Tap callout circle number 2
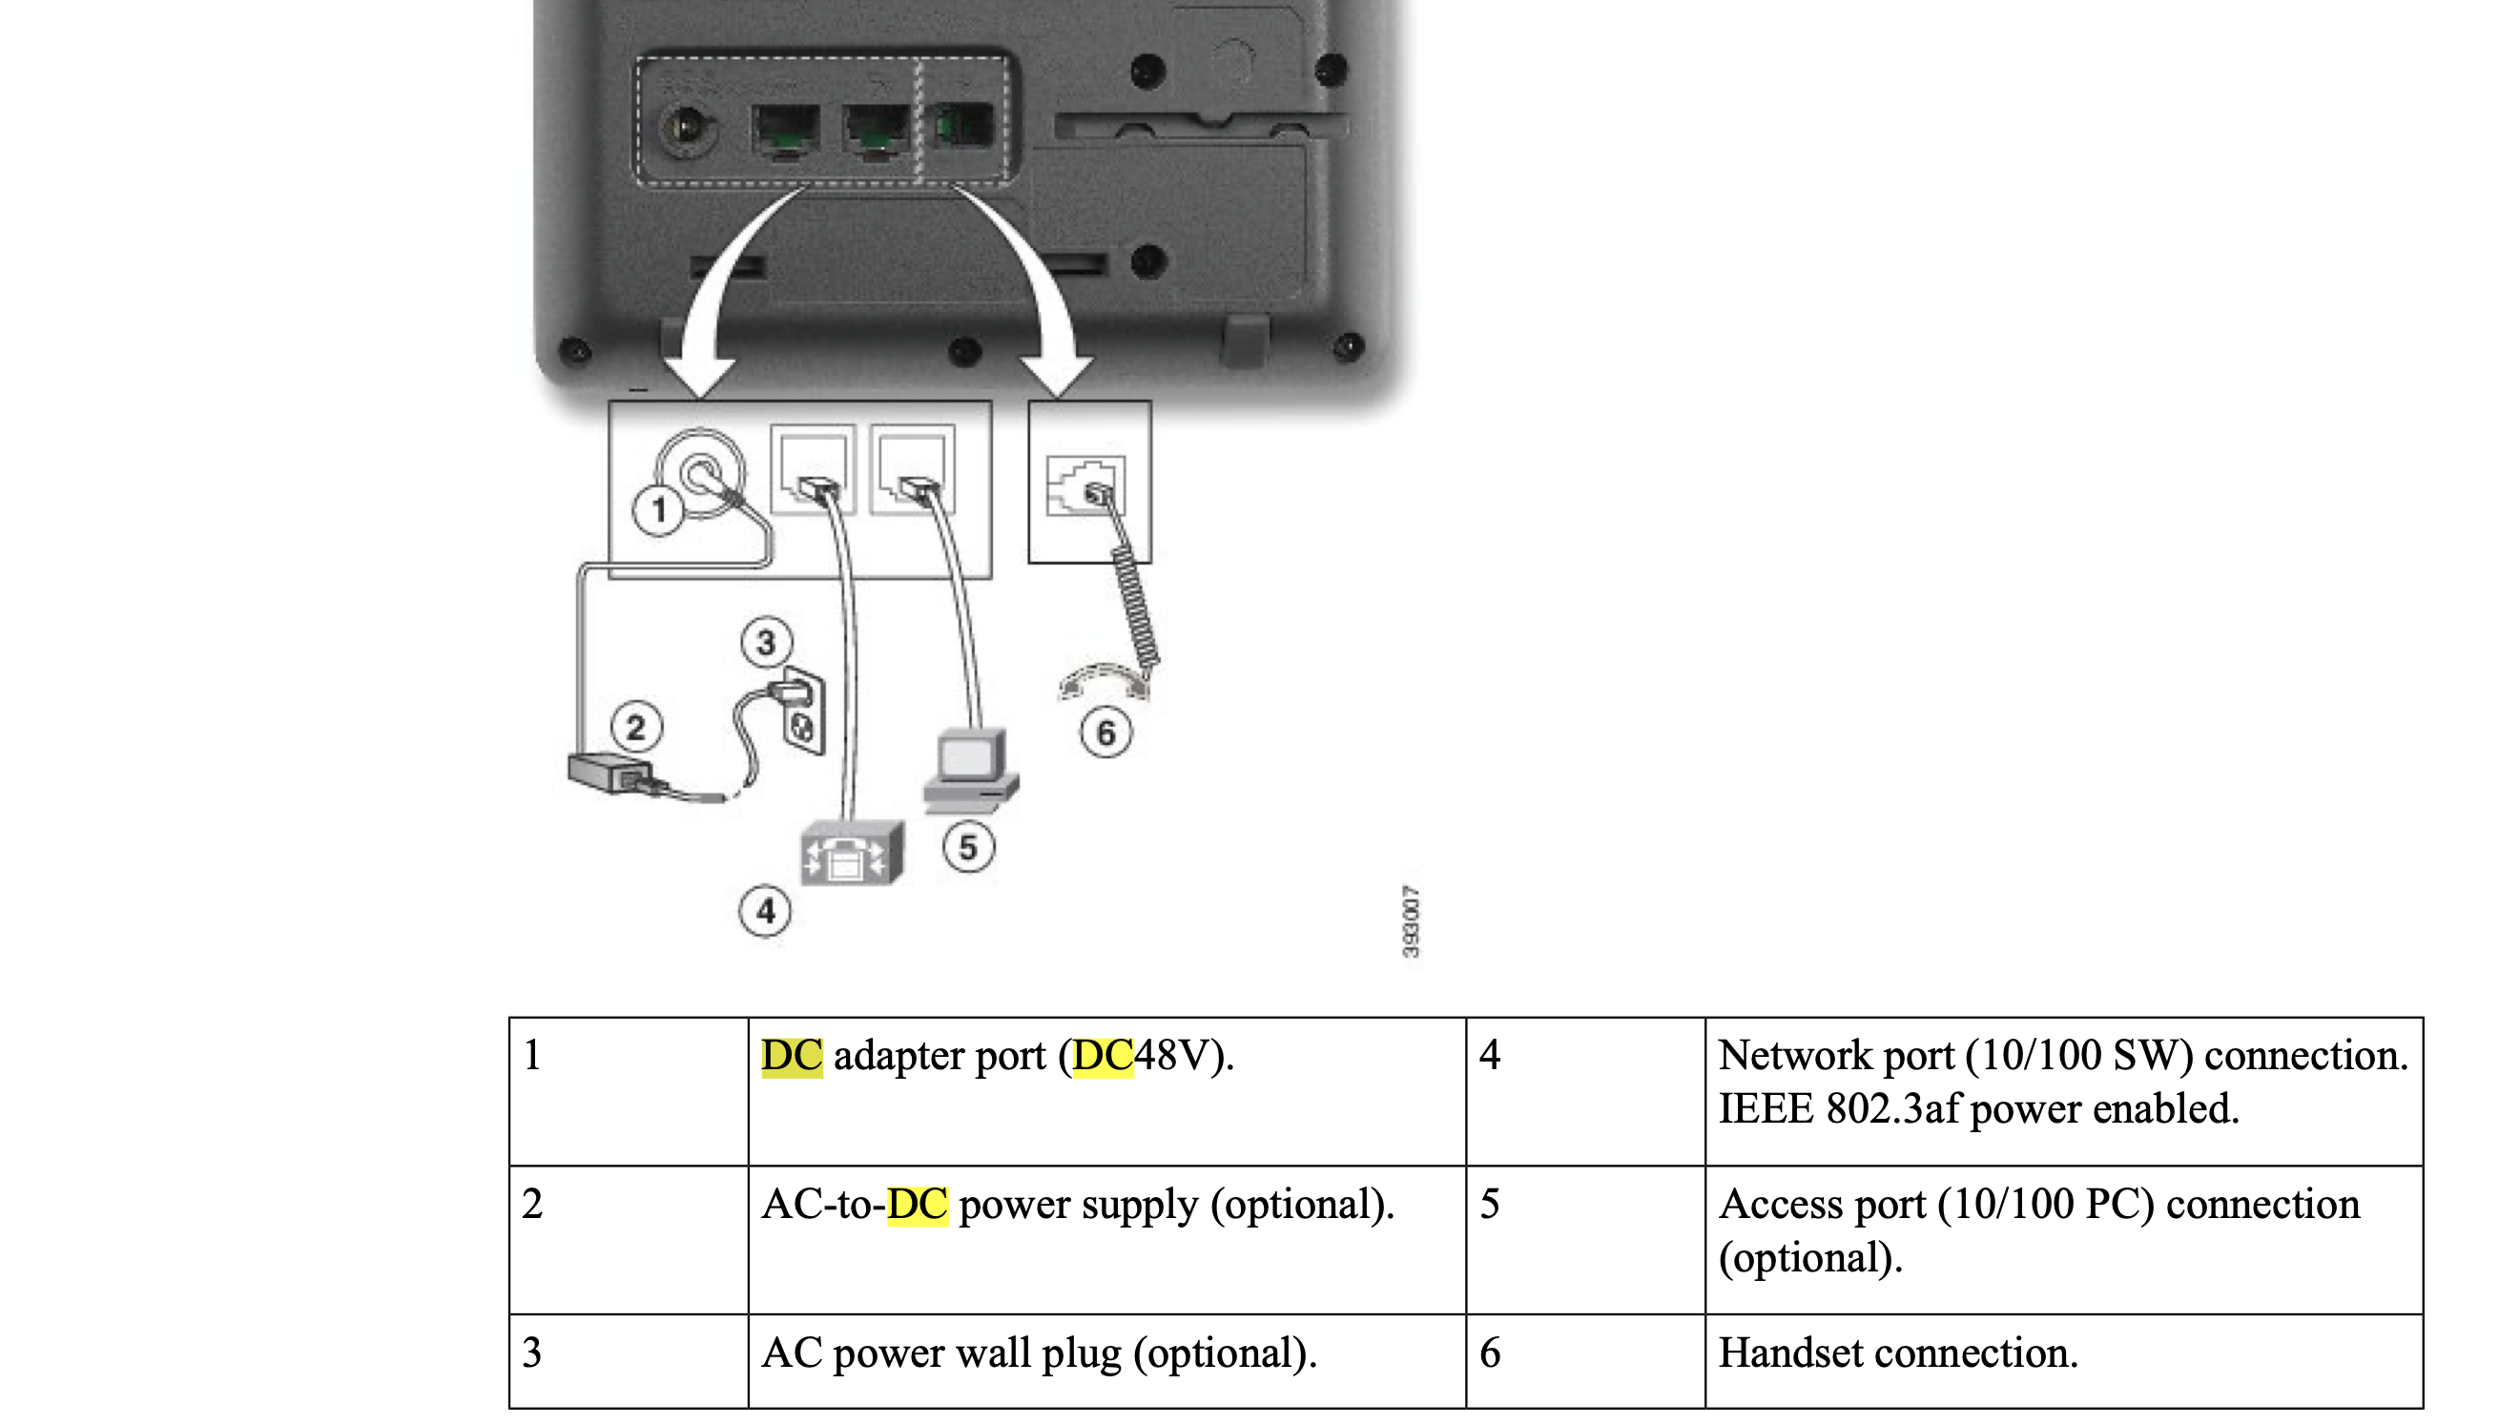coord(636,727)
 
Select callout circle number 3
coord(765,643)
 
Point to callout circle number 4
coord(764,912)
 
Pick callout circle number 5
coord(968,848)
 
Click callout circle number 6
coord(1105,733)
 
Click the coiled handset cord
coord(1135,607)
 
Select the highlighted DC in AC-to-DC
coord(917,1205)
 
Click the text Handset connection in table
coord(1897,1353)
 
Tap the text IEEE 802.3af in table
coord(1840,1109)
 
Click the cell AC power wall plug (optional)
coord(1040,1353)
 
